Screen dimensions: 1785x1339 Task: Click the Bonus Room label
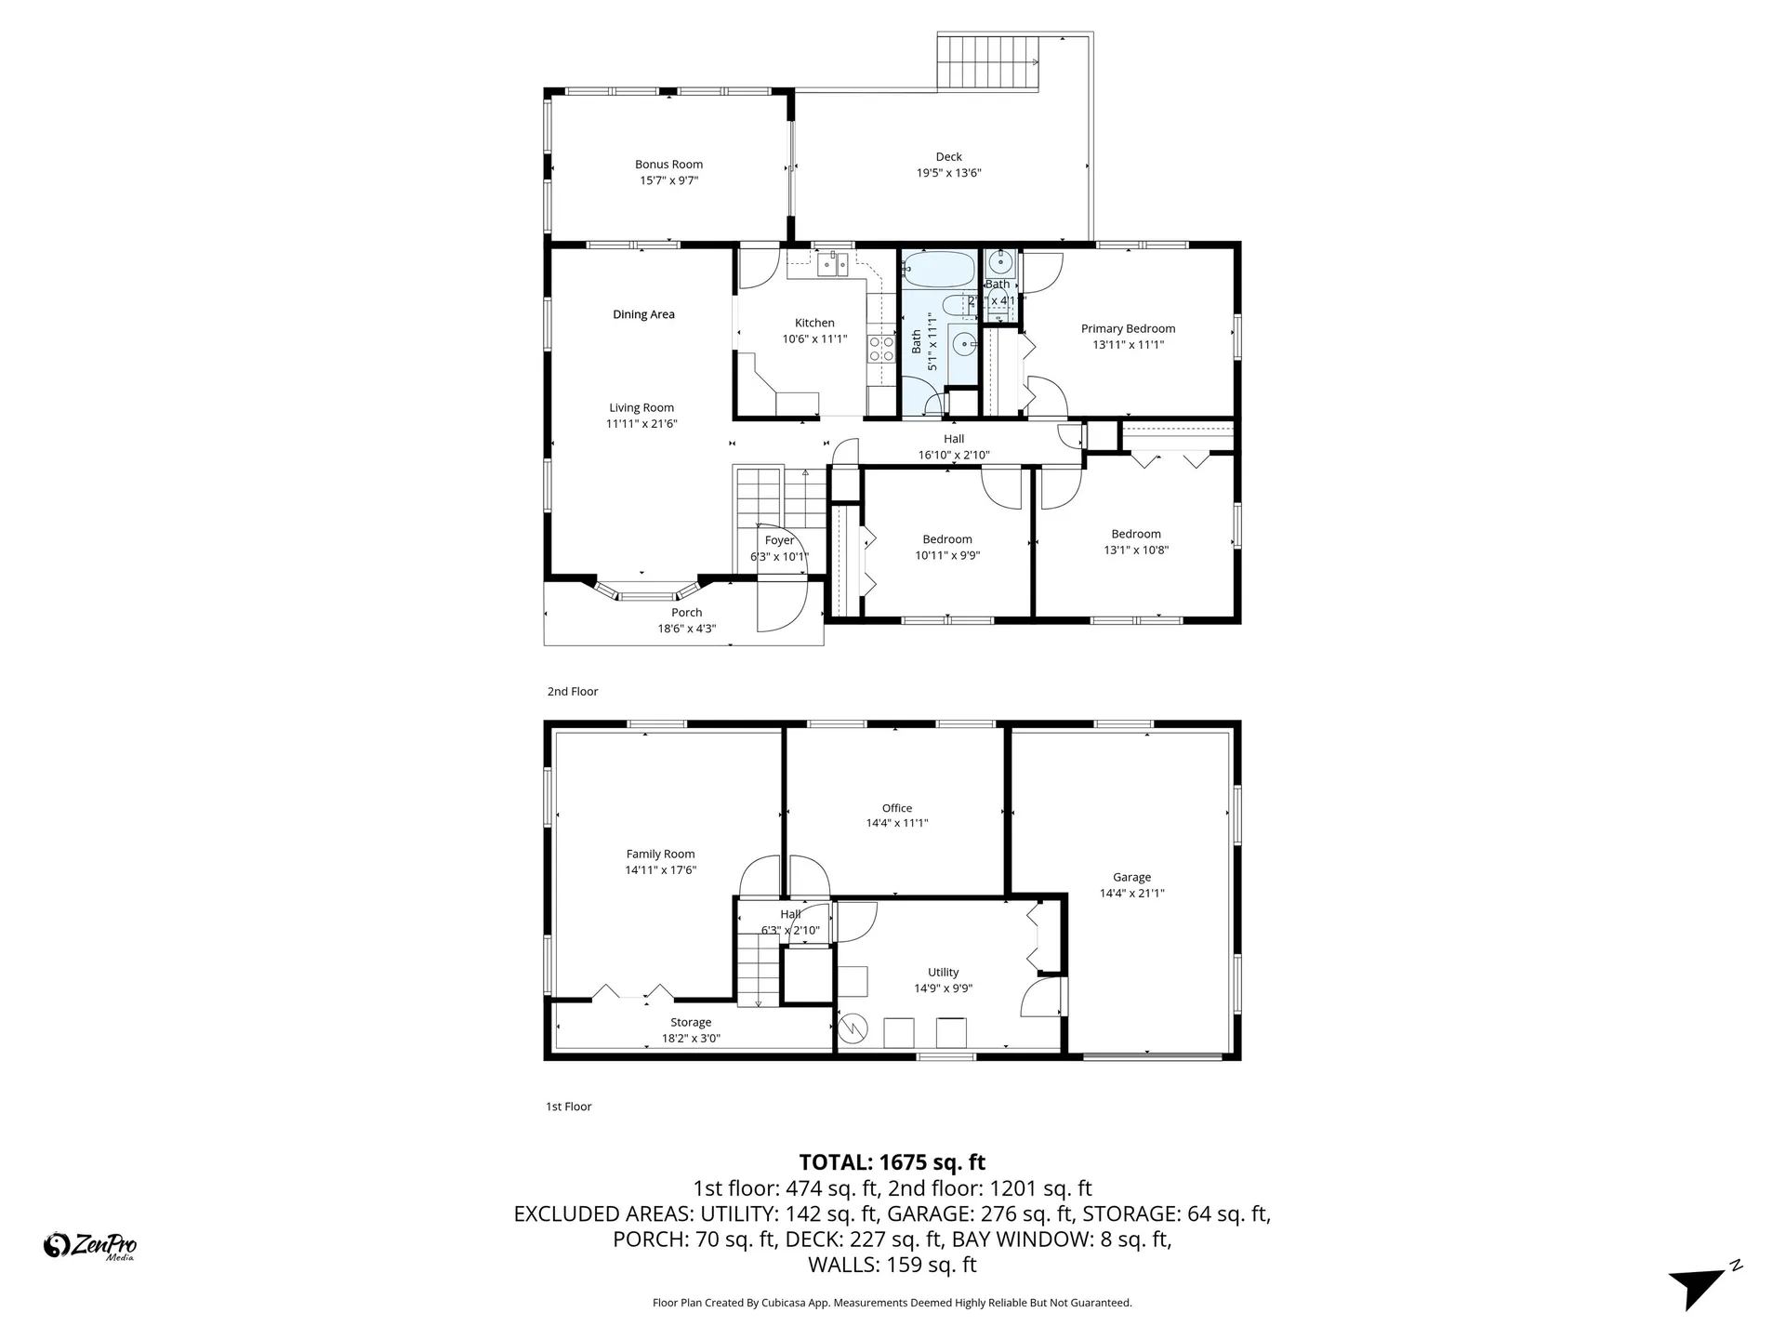coord(668,165)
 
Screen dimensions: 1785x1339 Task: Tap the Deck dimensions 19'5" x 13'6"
coord(948,173)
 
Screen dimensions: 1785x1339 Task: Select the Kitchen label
coord(814,323)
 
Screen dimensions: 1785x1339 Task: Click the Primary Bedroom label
coord(1128,328)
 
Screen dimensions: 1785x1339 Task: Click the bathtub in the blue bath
coord(939,269)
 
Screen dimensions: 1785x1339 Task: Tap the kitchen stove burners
coord(880,349)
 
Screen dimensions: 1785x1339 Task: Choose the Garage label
coord(1131,877)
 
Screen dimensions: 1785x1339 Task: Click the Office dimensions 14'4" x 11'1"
coord(897,823)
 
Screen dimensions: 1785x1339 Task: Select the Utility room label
coord(943,973)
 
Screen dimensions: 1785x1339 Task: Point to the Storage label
coord(691,1023)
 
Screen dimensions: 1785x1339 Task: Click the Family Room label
coord(660,854)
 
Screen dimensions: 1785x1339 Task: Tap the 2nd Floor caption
coord(573,692)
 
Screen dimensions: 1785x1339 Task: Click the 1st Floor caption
coord(569,1107)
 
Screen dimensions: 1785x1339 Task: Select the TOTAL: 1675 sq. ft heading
coord(892,1162)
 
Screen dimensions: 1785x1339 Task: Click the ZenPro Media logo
coord(90,1245)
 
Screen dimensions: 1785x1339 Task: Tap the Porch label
coord(687,613)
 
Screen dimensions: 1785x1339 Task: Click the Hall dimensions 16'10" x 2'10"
coord(954,456)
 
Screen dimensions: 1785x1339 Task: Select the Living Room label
coord(641,407)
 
